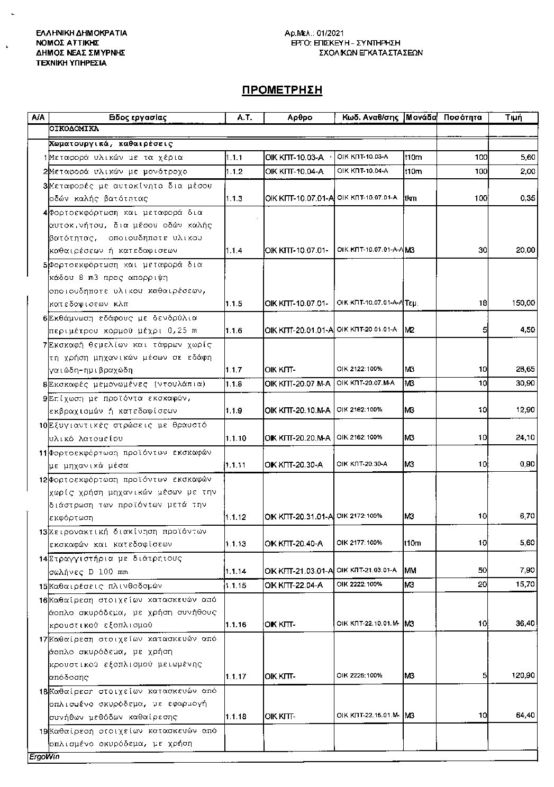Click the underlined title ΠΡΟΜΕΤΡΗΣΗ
coord(282,90)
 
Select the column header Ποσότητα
coord(462,117)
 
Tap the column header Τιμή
coord(513,117)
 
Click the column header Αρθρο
coord(299,117)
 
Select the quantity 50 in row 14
coord(482,570)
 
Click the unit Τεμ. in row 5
coord(412,304)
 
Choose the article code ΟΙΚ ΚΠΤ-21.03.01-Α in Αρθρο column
coord(299,571)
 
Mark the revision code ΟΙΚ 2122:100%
coord(359,369)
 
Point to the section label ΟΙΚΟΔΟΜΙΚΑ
coord(74,128)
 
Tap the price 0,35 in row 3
coord(528,198)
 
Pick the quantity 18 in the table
coord(482,303)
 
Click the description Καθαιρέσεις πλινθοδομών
coord(105,585)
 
